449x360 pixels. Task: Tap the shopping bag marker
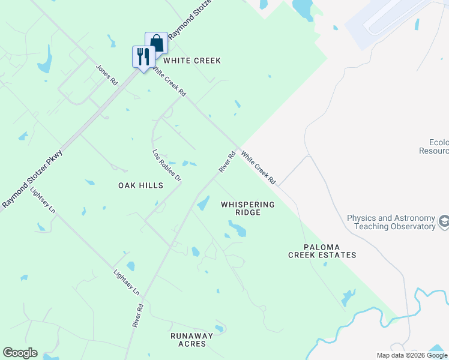[x=156, y=43]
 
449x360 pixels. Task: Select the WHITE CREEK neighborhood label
[x=192, y=61]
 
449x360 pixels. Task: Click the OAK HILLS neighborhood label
[x=140, y=186]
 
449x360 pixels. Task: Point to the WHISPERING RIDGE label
[x=247, y=208]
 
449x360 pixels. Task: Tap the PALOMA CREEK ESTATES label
[x=322, y=251]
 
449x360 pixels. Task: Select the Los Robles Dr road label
[x=166, y=166]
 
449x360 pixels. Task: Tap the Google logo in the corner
[x=20, y=353]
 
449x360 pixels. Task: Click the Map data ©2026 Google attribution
[x=411, y=355]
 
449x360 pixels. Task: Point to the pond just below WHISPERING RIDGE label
[x=237, y=229]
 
